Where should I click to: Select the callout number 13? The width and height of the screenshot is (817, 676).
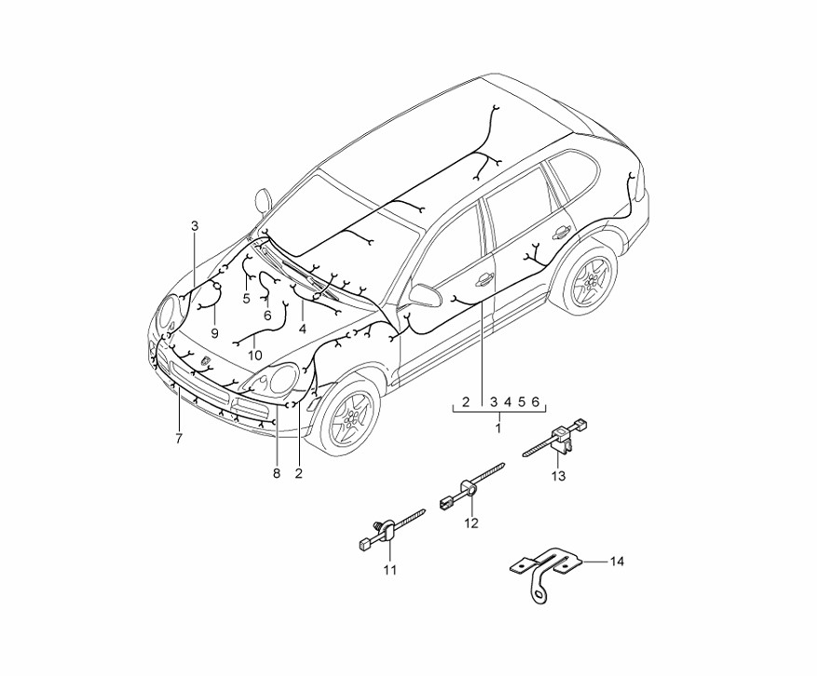pyautogui.click(x=558, y=477)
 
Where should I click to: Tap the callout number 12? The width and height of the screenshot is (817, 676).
pyautogui.click(x=471, y=523)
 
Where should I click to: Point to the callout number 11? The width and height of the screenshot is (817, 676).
pyautogui.click(x=389, y=570)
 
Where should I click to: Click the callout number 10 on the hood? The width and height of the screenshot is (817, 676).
pyautogui.click(x=255, y=355)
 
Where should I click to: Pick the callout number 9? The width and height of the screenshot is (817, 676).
pyautogui.click(x=213, y=332)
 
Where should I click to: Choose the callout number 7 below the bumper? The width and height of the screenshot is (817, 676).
pyautogui.click(x=178, y=437)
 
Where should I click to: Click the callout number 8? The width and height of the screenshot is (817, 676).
pyautogui.click(x=276, y=474)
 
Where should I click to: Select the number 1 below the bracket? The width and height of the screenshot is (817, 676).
pyautogui.click(x=497, y=429)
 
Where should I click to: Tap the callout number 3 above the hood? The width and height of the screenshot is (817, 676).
pyautogui.click(x=195, y=225)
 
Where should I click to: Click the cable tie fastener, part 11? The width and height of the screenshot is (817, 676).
pyautogui.click(x=388, y=531)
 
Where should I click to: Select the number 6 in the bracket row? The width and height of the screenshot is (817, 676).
pyautogui.click(x=536, y=403)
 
